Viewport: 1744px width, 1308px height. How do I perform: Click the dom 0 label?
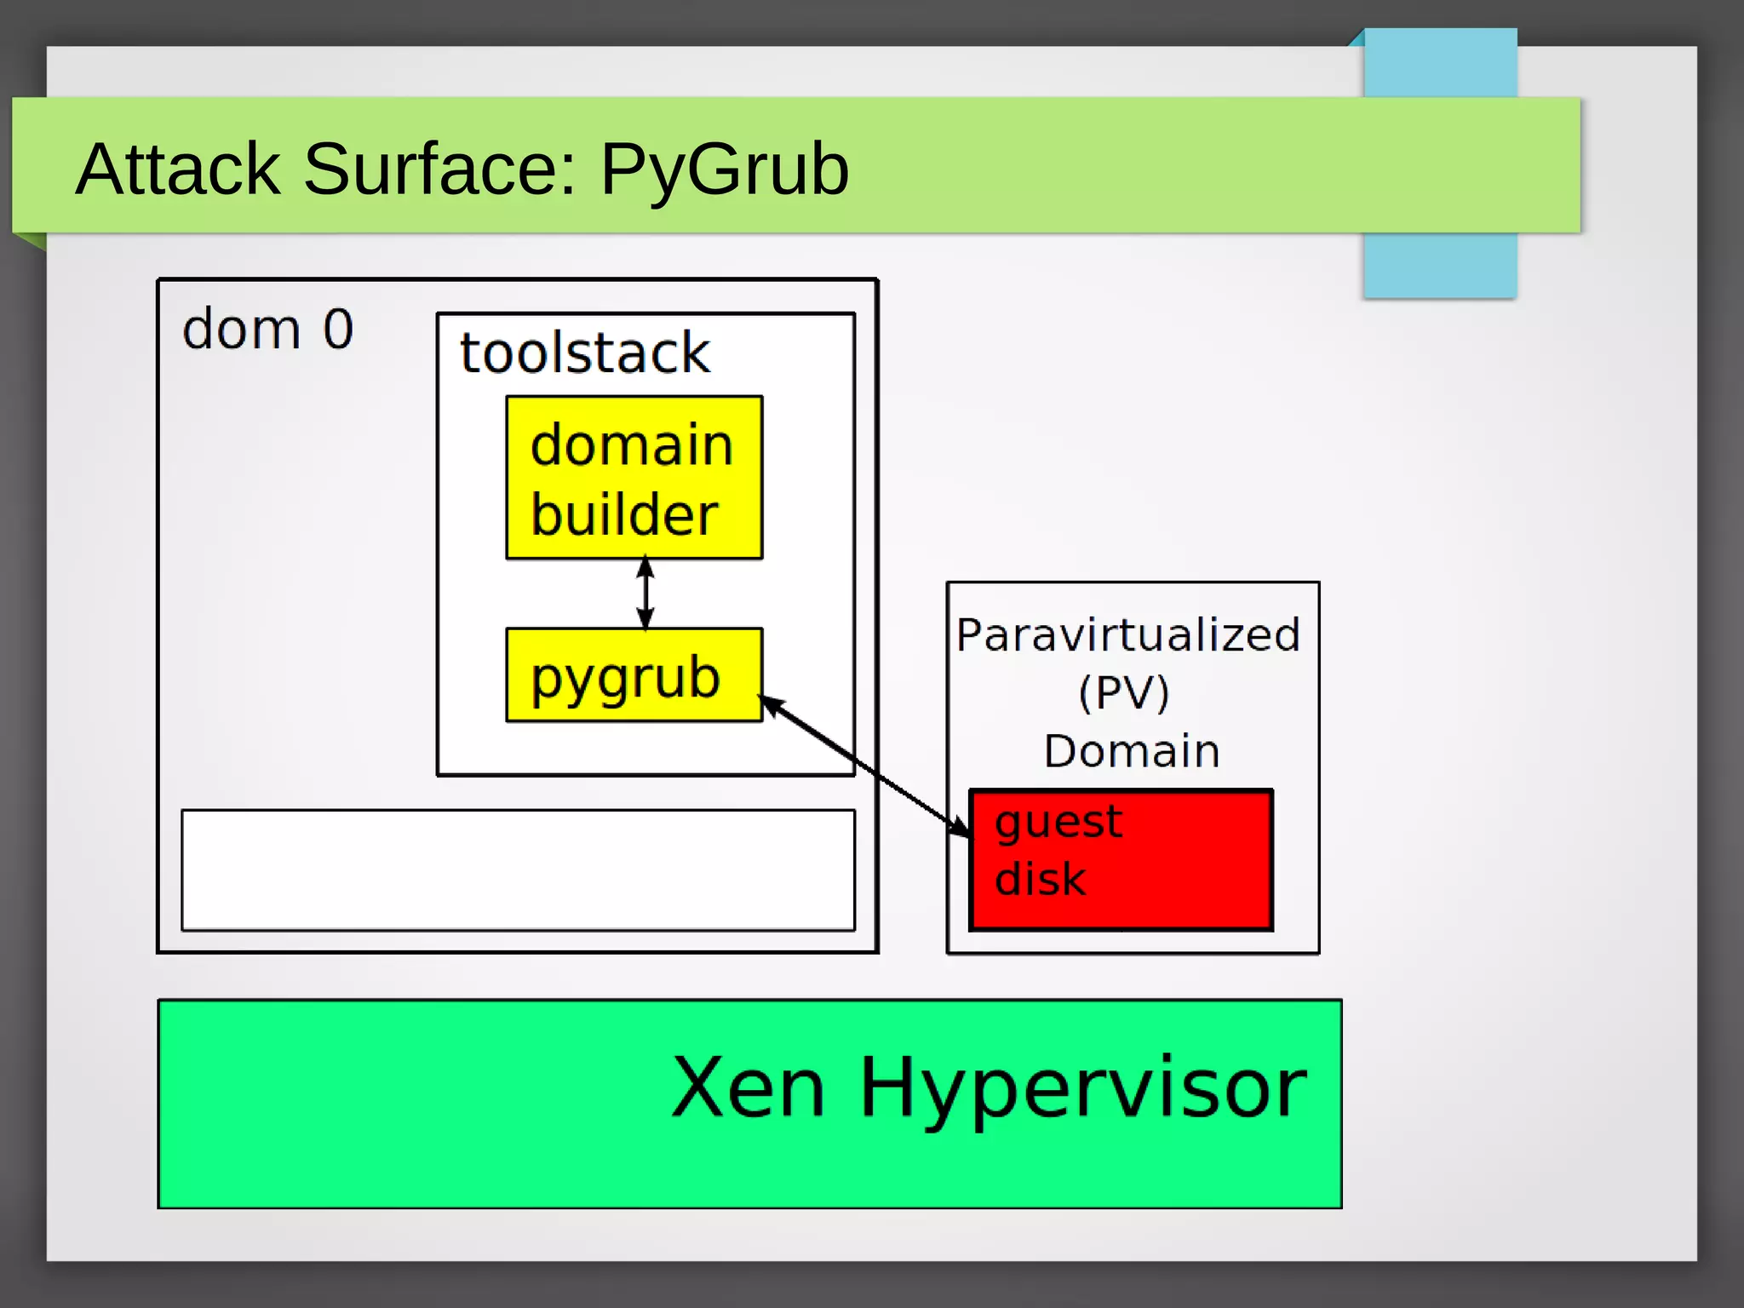(x=267, y=329)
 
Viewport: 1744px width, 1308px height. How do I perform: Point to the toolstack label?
(x=584, y=353)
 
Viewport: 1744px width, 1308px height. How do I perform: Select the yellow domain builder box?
(x=634, y=478)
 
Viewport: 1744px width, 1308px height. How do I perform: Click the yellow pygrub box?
(x=634, y=675)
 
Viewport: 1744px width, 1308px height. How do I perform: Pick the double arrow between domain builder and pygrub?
(x=645, y=594)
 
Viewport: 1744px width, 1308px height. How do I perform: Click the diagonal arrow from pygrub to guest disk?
(x=860, y=764)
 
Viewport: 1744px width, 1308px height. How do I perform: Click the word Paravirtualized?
(x=1128, y=635)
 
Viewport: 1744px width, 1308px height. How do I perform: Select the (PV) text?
(x=1124, y=692)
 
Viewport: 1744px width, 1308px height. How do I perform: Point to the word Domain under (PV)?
(x=1132, y=751)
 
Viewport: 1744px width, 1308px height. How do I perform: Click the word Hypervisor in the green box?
(x=1082, y=1088)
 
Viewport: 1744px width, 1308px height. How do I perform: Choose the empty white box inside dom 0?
(x=518, y=869)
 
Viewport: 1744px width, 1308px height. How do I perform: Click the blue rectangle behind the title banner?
(x=1439, y=264)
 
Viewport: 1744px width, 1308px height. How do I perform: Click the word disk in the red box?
(x=1040, y=879)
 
